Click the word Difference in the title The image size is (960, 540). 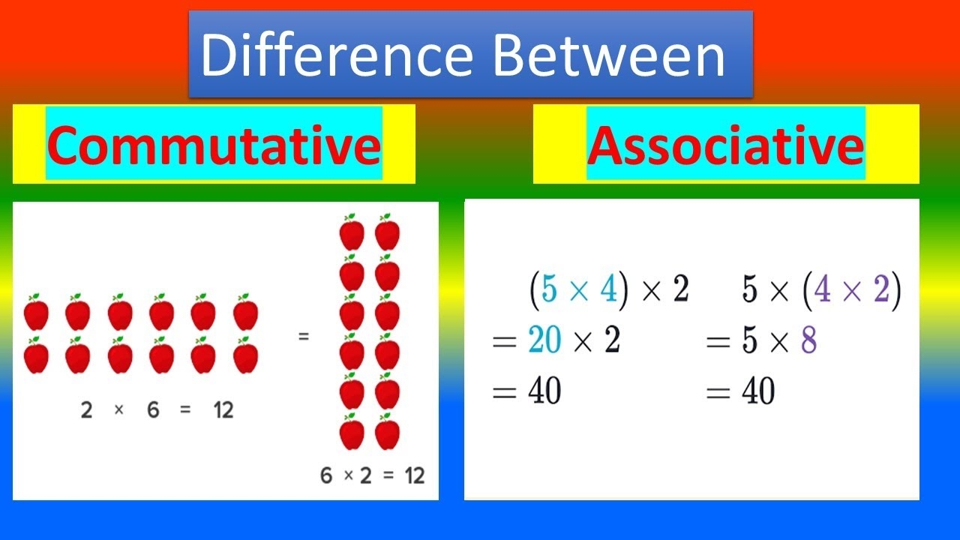pos(337,55)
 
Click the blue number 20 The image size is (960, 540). pos(544,342)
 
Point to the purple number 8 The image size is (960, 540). pos(808,342)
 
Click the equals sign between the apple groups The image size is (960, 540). pos(303,337)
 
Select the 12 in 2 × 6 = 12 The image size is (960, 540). pos(222,410)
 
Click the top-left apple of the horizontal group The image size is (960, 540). pos(36,313)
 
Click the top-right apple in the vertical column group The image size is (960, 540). pos(387,232)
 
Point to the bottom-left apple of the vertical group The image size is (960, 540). pos(352,433)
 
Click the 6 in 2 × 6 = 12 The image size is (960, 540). pos(153,410)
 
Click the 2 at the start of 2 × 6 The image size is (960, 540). pos(86,410)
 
